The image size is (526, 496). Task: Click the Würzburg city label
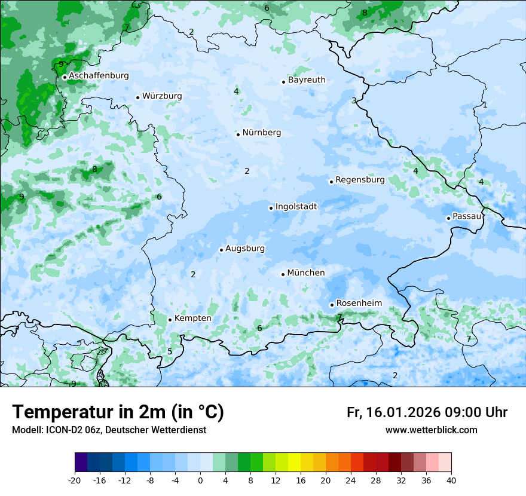(x=162, y=96)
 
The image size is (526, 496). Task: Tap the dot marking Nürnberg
(x=238, y=134)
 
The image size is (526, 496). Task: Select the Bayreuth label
(x=307, y=80)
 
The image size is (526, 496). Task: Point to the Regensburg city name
(x=360, y=180)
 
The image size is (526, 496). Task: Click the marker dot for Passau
(x=448, y=218)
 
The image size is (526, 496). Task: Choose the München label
(x=306, y=273)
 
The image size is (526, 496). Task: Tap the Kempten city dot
(x=170, y=320)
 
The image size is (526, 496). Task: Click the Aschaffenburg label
(x=99, y=76)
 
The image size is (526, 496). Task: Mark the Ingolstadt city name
(x=296, y=207)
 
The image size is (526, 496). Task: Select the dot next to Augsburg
(x=221, y=250)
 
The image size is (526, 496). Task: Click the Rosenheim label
(x=359, y=304)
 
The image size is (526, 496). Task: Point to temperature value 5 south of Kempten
(x=170, y=351)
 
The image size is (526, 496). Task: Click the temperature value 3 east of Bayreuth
(x=354, y=100)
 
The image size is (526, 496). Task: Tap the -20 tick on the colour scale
(x=75, y=480)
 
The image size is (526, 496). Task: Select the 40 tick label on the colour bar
(x=451, y=480)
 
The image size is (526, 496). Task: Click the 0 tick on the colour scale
(x=200, y=480)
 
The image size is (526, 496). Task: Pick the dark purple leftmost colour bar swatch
(x=81, y=463)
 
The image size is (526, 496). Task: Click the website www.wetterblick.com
(x=431, y=430)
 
